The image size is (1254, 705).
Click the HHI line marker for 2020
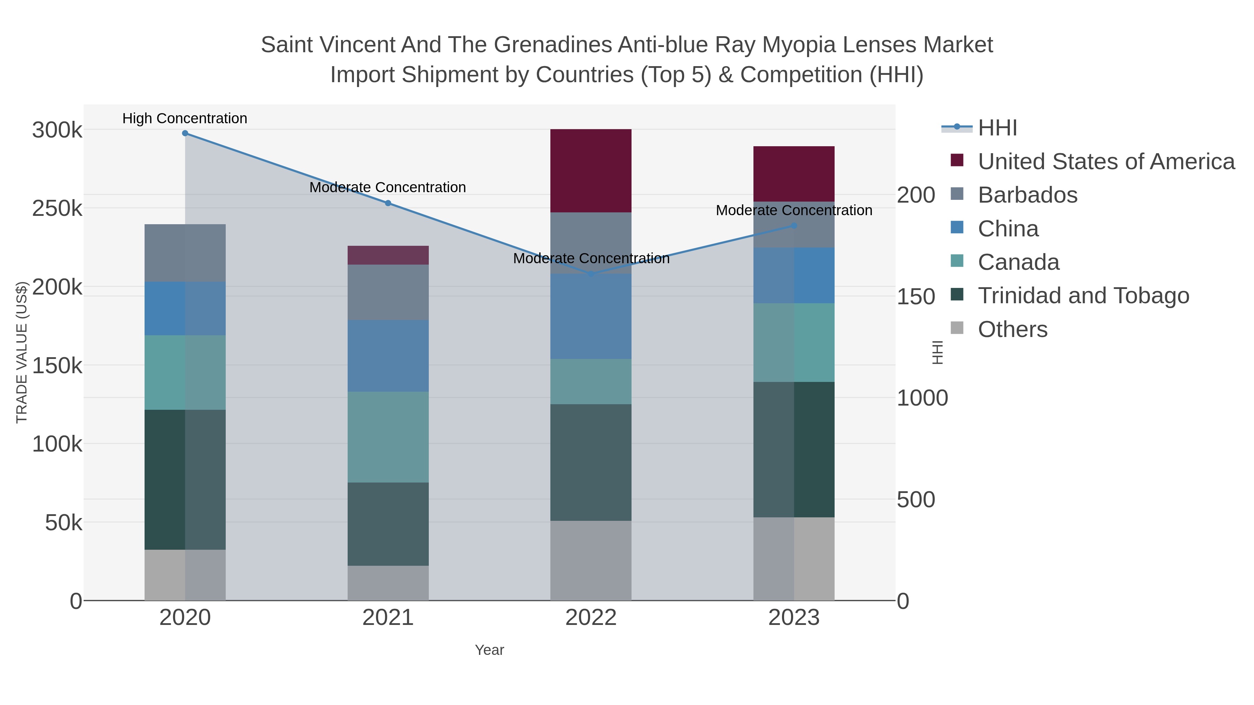(185, 133)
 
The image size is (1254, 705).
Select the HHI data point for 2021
(388, 203)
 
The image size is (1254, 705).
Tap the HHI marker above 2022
(591, 274)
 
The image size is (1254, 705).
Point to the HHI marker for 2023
(794, 226)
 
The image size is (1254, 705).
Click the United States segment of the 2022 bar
(591, 170)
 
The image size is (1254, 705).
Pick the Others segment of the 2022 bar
(591, 561)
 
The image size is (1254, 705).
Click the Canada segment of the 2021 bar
(388, 437)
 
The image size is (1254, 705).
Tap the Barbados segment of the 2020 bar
(185, 253)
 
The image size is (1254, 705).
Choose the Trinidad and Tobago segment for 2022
(591, 462)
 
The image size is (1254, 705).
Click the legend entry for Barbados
(1027, 195)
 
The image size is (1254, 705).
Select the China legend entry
(1008, 229)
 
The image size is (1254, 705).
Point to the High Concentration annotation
(185, 119)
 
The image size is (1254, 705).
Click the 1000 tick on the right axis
(922, 398)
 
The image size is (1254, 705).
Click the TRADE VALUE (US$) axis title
(22, 352)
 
